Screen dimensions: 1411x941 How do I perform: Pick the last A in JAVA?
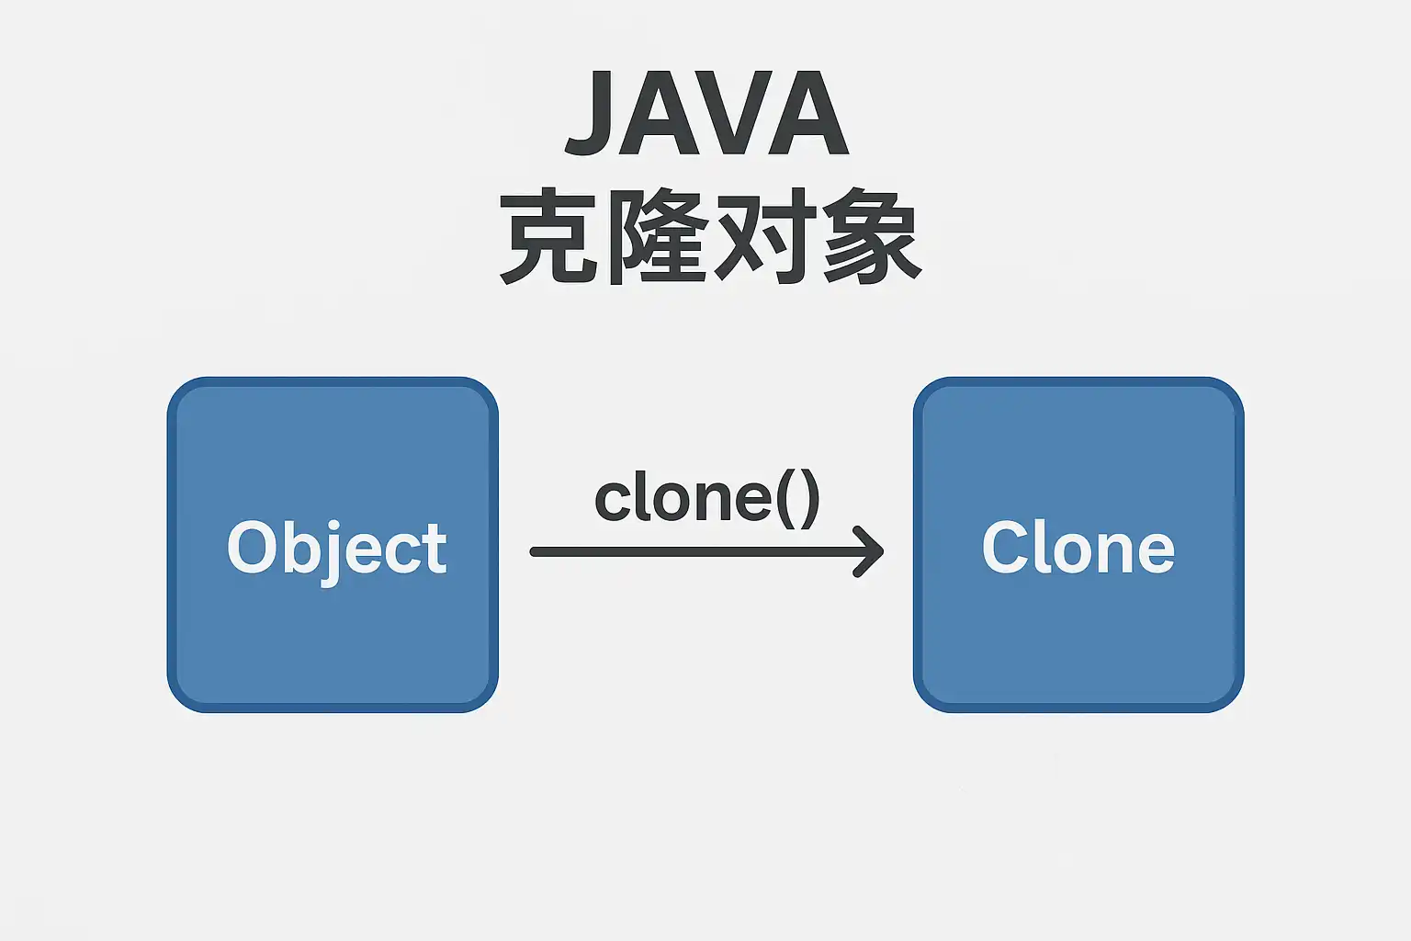click(808, 112)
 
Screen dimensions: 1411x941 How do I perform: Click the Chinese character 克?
click(548, 236)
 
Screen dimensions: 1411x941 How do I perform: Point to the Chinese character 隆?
click(656, 236)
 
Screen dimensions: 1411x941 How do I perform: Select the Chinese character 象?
click(872, 236)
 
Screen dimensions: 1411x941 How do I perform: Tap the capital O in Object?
click(252, 547)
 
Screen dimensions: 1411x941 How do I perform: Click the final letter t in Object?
click(435, 550)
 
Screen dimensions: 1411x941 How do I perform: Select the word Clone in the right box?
click(1078, 547)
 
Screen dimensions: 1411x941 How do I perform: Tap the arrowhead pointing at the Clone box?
click(869, 552)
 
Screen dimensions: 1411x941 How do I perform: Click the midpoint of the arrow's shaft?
click(706, 552)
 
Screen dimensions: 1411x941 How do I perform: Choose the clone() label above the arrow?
click(707, 499)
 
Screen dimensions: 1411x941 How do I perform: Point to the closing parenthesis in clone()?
click(810, 499)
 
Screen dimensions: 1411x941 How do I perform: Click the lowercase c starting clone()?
click(613, 501)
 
